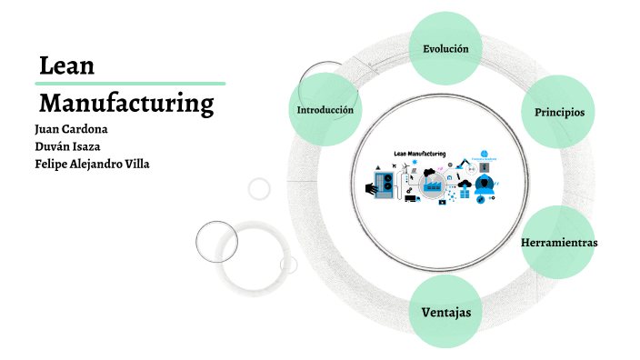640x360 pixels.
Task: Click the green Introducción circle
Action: [x=325, y=110]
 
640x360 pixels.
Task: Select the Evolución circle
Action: [x=445, y=48]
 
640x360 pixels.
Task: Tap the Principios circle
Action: [x=559, y=112]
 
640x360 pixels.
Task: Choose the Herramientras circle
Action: [x=559, y=243]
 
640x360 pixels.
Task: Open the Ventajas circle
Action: [x=445, y=312]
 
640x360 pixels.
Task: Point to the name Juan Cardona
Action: [x=71, y=128]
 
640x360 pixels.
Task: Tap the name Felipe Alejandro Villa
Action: [x=92, y=164]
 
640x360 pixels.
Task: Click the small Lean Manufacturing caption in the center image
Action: [x=419, y=154]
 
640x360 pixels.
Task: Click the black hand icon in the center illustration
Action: [x=370, y=187]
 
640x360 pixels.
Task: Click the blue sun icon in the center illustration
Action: [x=415, y=162]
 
